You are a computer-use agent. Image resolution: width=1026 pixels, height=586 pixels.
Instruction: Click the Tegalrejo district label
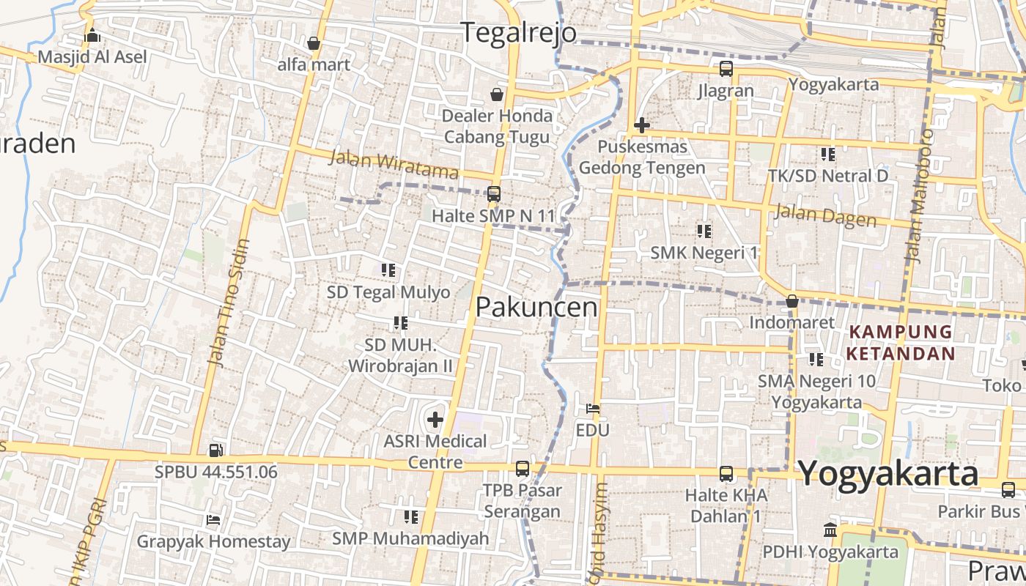pos(518,33)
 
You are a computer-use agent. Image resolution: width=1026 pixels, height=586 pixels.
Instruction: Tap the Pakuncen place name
pos(536,307)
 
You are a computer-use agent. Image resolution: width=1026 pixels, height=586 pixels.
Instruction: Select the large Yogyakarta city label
pos(888,473)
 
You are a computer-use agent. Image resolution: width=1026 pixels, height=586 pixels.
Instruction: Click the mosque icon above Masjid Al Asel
pos(92,34)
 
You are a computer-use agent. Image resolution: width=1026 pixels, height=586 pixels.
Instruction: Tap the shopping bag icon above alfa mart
pos(314,43)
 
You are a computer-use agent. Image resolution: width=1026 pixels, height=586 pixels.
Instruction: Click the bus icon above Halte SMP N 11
pos(494,194)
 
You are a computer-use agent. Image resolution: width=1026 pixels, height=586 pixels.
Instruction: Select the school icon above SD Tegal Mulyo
pos(388,270)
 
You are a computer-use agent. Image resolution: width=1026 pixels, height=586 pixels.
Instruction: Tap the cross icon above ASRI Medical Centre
pos(435,420)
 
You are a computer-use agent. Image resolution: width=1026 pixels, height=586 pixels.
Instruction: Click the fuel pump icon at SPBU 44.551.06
pos(215,450)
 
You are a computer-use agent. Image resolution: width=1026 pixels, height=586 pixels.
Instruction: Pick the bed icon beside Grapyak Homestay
pos(213,520)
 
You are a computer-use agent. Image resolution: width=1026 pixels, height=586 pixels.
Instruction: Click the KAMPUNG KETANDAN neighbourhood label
pos(901,343)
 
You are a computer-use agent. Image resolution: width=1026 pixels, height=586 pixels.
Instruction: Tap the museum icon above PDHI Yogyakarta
pos(830,530)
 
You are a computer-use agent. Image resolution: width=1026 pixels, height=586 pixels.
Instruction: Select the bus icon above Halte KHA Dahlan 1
pos(726,474)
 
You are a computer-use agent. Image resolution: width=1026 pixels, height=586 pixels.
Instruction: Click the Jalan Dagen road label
pos(825,215)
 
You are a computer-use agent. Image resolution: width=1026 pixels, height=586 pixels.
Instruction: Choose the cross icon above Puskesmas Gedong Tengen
pos(642,125)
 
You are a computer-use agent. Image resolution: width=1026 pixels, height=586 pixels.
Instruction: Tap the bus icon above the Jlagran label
pos(726,70)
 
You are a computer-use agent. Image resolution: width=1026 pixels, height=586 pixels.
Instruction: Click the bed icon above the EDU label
pos(593,408)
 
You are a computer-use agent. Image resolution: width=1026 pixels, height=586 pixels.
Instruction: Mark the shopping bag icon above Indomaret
pos(791,301)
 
